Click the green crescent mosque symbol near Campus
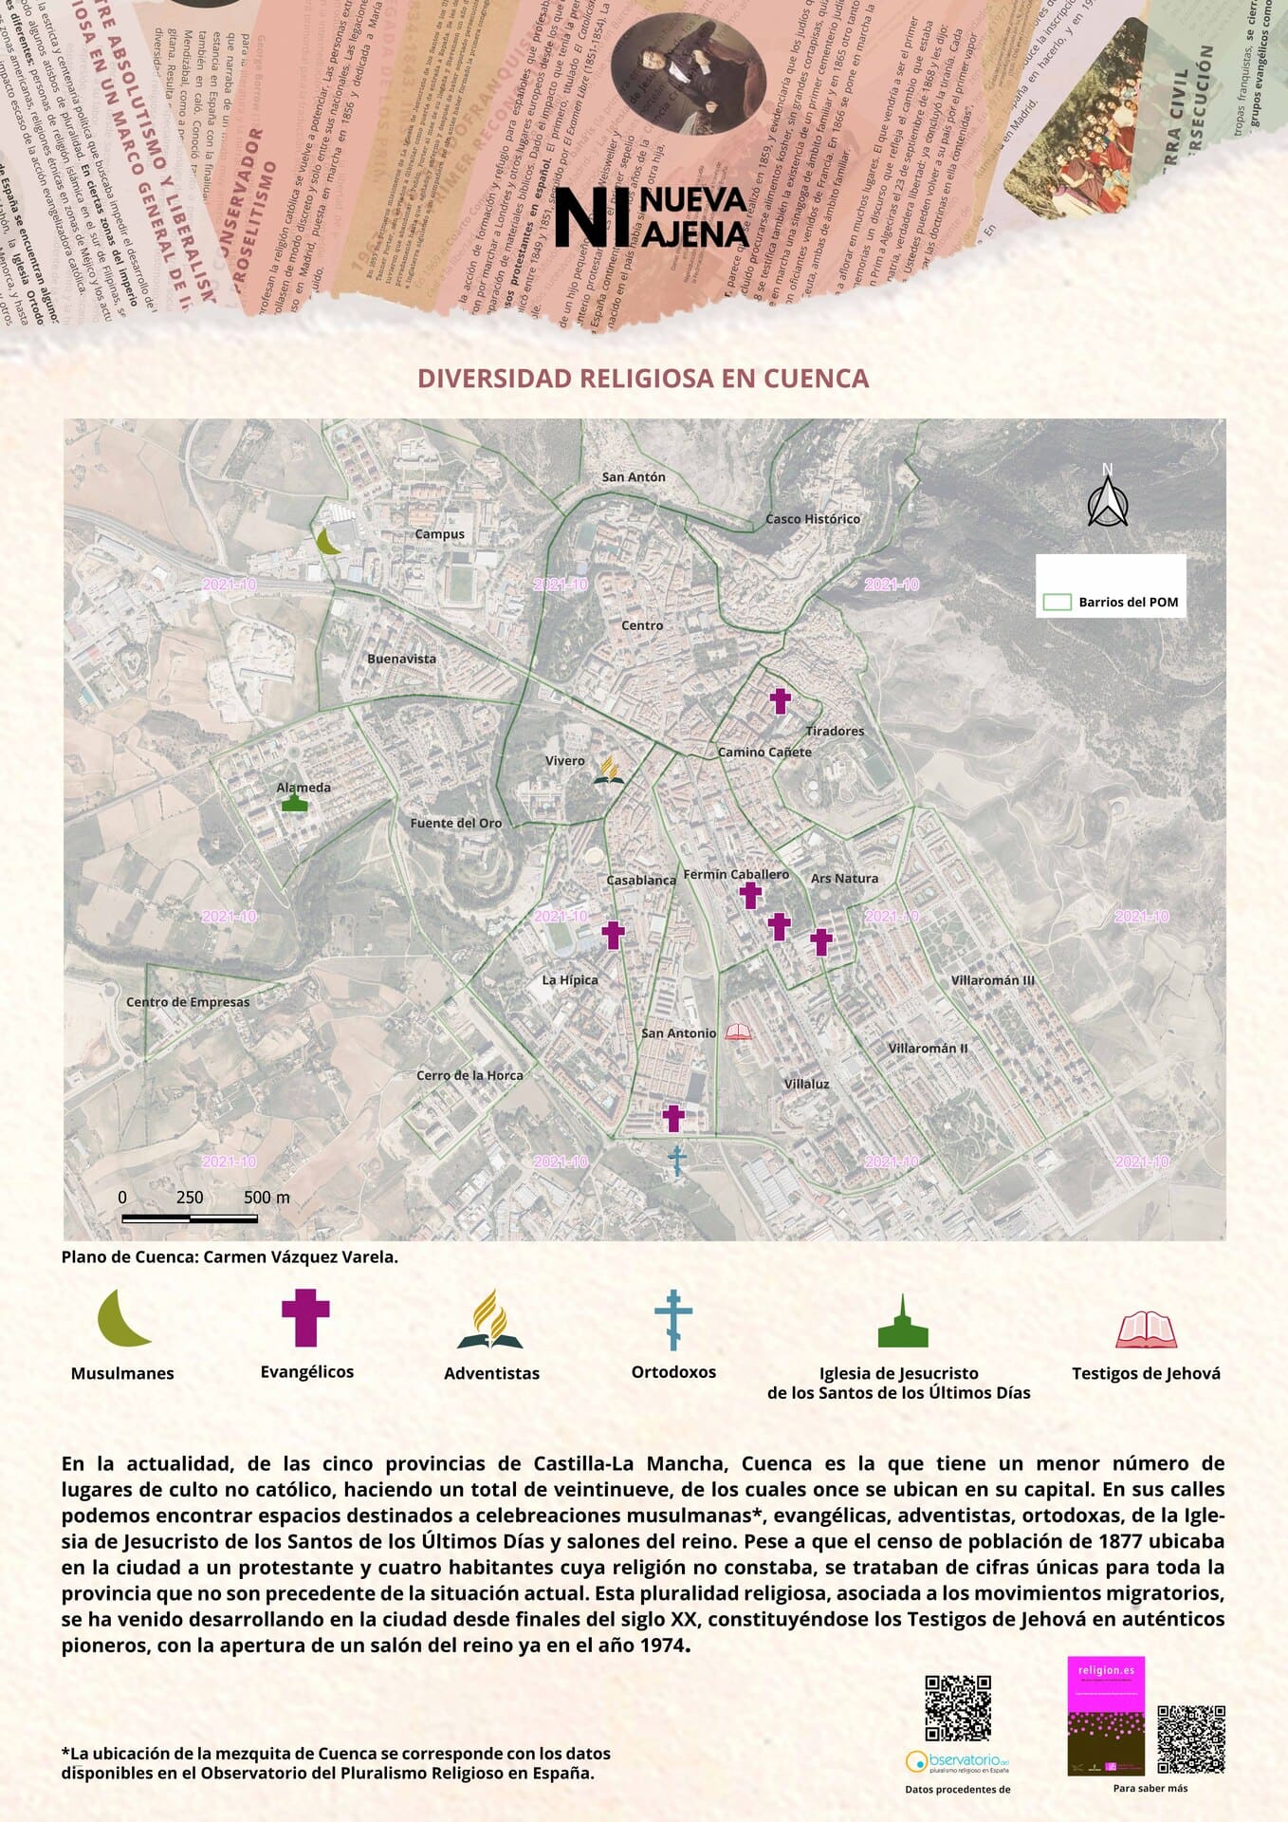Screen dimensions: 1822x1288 pos(328,542)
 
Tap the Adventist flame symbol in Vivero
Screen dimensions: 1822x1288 pos(609,772)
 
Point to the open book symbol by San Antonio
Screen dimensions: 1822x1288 pos(738,1032)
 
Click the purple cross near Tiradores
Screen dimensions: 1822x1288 pos(780,701)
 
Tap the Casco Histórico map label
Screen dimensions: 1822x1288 pos(813,519)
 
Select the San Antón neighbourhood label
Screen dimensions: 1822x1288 pos(634,477)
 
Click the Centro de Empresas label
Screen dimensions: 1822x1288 pos(188,1002)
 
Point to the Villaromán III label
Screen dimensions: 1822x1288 pos(992,980)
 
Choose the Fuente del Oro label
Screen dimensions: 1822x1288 pos(455,824)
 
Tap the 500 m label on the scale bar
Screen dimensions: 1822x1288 pos(267,1198)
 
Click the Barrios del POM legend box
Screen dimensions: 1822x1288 pos(1110,587)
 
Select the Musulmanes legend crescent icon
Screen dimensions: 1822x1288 pos(122,1318)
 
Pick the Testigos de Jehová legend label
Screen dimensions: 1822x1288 pos(1146,1373)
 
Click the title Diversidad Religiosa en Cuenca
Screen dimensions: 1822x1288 pos(643,379)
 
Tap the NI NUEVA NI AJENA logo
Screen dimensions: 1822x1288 pos(652,216)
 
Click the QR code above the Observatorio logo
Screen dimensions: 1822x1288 pos(958,1709)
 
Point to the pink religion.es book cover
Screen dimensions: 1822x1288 pos(1105,1716)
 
